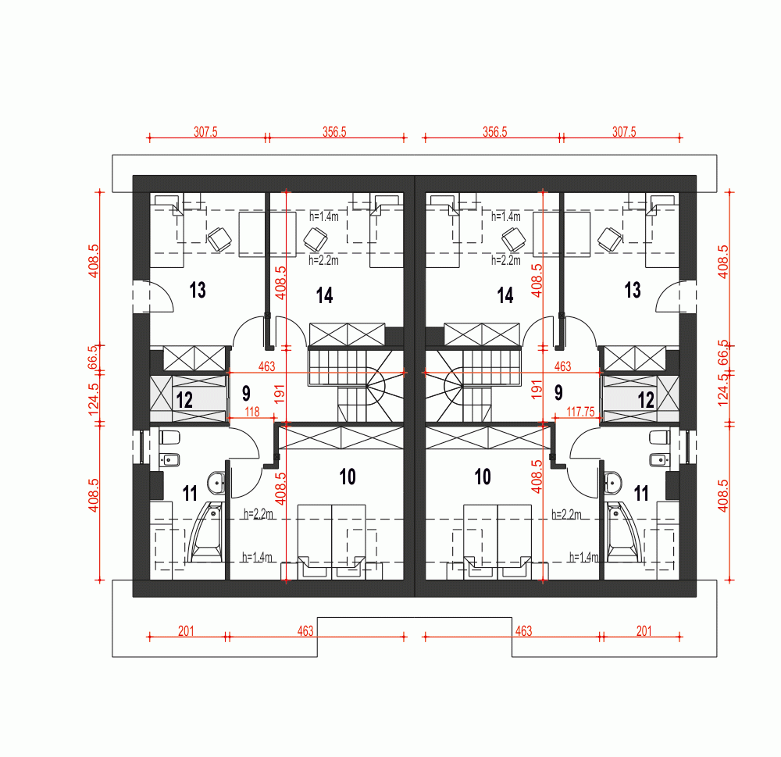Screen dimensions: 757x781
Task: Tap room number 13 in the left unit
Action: (x=198, y=291)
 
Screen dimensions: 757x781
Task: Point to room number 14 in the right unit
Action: (x=505, y=295)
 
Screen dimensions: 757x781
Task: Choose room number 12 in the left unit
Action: (x=184, y=400)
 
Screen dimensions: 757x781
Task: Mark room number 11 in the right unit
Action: (x=641, y=493)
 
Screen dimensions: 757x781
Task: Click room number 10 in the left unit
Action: (x=348, y=477)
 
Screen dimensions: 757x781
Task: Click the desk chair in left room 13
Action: (x=219, y=237)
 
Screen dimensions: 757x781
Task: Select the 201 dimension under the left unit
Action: (x=186, y=630)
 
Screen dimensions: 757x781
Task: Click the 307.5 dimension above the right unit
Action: (x=623, y=132)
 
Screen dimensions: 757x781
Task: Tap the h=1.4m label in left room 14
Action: (x=324, y=216)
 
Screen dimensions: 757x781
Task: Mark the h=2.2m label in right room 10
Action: (x=566, y=514)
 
